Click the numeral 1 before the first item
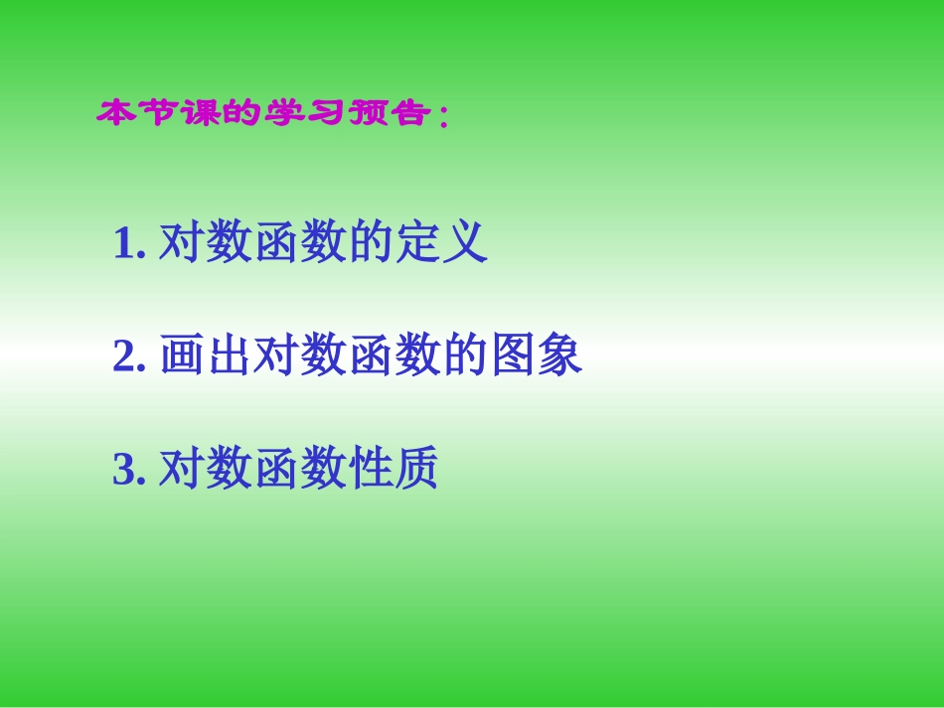(x=123, y=243)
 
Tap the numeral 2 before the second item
(x=124, y=356)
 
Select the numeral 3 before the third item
(x=124, y=470)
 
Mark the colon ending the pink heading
(x=441, y=118)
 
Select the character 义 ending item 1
(x=465, y=243)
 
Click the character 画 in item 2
(x=181, y=356)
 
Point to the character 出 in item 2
(x=229, y=356)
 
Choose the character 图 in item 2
(x=513, y=356)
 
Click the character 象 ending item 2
(x=560, y=356)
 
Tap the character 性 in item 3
(x=370, y=470)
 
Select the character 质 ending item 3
(x=416, y=470)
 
